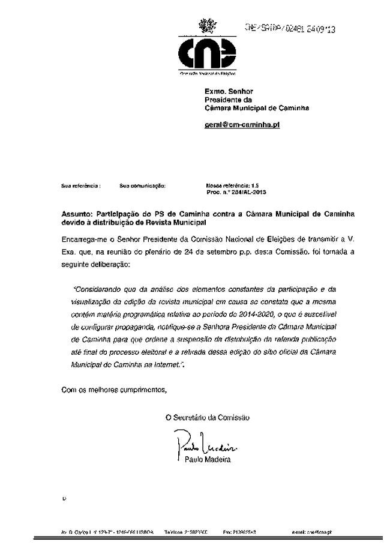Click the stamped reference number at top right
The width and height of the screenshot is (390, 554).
(x=290, y=28)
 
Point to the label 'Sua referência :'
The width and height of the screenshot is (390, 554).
(x=81, y=186)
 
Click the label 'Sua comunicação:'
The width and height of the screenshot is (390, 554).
(x=142, y=186)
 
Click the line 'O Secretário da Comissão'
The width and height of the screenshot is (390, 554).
(x=208, y=417)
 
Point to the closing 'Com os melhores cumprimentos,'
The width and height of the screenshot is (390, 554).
(x=115, y=390)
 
